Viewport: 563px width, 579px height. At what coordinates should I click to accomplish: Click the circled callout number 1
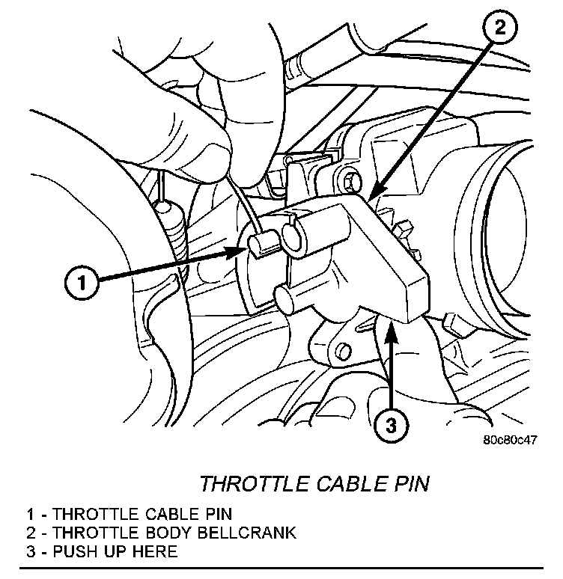coord(82,283)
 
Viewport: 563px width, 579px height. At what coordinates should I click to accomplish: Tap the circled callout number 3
coord(392,426)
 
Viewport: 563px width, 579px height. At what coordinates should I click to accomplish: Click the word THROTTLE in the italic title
coord(249,484)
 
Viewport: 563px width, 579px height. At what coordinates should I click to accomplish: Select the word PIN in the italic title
coord(411,484)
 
